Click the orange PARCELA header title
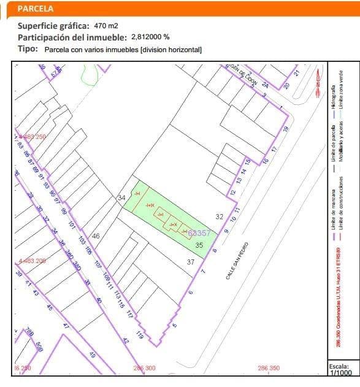(36, 9)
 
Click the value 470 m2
(106, 26)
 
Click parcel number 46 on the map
(96, 236)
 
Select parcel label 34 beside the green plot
(121, 197)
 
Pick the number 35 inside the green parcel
(199, 245)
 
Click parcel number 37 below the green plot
(191, 262)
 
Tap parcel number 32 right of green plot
(220, 216)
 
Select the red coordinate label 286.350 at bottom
(269, 368)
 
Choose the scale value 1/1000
(341, 372)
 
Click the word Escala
(339, 365)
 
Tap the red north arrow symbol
(317, 83)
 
